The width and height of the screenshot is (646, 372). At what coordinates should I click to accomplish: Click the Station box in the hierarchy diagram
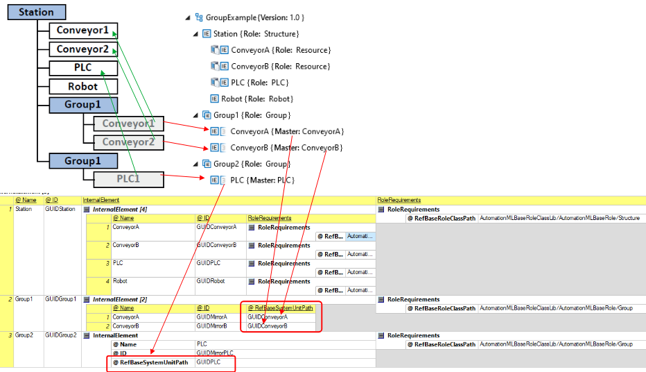(36, 12)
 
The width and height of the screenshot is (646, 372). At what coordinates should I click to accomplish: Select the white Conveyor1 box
(82, 30)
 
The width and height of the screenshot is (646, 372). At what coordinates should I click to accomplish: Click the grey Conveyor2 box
(128, 142)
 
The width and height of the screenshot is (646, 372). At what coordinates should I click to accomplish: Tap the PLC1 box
(128, 179)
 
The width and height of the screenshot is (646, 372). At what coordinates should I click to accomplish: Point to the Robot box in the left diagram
(82, 86)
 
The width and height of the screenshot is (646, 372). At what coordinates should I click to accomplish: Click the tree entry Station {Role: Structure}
(256, 33)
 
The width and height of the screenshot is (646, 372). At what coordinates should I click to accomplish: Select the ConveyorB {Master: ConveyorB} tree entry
(286, 148)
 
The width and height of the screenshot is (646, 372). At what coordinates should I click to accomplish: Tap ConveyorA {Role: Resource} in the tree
(281, 50)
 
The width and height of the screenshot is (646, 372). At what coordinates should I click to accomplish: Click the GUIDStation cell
(59, 209)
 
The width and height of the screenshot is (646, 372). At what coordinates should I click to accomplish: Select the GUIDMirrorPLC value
(216, 353)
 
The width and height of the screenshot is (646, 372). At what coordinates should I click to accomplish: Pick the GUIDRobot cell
(211, 281)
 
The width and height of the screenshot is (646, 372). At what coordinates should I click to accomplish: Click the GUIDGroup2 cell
(60, 335)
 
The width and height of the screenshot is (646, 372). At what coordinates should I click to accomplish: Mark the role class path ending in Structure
(559, 218)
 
